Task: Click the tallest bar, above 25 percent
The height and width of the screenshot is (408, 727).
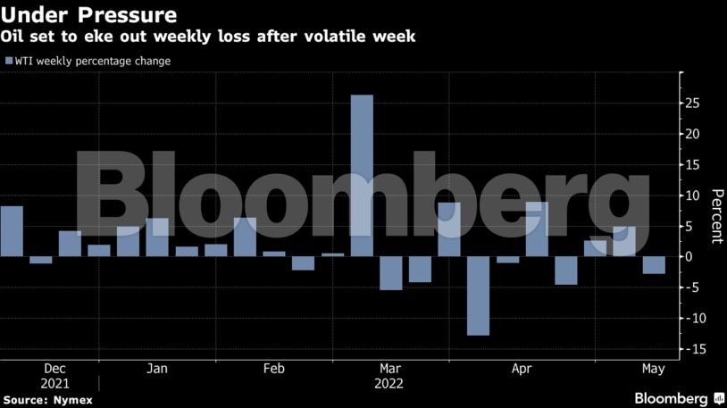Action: click(x=361, y=175)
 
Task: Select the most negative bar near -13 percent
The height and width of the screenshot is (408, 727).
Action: click(x=478, y=296)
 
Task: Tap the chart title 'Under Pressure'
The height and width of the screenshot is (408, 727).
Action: click(x=88, y=16)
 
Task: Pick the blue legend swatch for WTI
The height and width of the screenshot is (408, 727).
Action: click(x=8, y=61)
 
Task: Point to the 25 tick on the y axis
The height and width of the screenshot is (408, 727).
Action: click(x=691, y=104)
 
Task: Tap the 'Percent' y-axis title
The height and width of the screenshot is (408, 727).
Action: click(x=715, y=216)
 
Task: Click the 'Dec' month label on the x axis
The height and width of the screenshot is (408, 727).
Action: click(x=54, y=368)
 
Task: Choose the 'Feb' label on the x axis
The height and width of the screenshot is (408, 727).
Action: click(x=274, y=368)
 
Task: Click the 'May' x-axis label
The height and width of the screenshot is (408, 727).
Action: click(x=654, y=368)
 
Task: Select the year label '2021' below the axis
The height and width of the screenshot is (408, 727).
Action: click(x=54, y=383)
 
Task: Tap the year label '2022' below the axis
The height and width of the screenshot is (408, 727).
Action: click(x=389, y=383)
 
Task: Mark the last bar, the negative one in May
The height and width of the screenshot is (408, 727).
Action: click(x=654, y=265)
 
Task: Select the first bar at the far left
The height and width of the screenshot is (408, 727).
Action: click(x=12, y=231)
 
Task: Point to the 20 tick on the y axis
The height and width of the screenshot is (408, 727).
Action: click(x=691, y=134)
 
